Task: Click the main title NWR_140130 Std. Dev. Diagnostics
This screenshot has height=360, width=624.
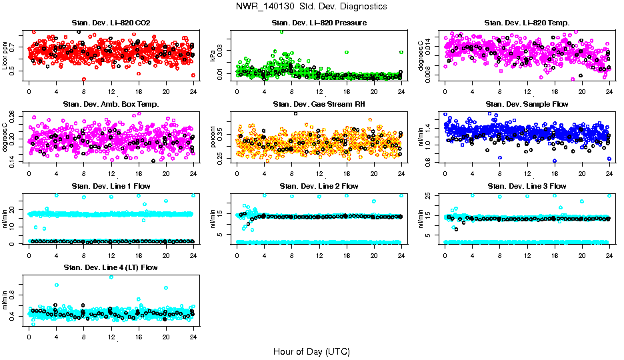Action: [311, 7]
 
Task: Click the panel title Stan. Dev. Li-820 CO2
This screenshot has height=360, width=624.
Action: [111, 23]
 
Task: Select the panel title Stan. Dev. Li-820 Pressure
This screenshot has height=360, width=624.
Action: [319, 23]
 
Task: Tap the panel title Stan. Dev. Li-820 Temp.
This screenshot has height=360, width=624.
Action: [527, 23]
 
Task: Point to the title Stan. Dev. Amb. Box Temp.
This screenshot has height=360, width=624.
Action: [111, 105]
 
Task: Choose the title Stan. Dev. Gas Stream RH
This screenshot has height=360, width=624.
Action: [319, 105]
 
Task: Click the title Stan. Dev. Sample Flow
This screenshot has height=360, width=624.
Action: [527, 105]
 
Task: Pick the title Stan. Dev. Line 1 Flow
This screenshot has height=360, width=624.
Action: [111, 186]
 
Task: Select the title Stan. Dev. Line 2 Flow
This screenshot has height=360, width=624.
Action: [319, 186]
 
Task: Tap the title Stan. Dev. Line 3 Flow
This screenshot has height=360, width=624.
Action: [527, 186]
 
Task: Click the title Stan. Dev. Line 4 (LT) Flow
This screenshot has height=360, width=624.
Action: [111, 267]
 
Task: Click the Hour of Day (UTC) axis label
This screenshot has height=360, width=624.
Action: [311, 351]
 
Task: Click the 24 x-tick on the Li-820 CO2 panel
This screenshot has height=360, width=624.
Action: [193, 91]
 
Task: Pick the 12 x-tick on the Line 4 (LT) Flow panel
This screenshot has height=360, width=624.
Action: [111, 335]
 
